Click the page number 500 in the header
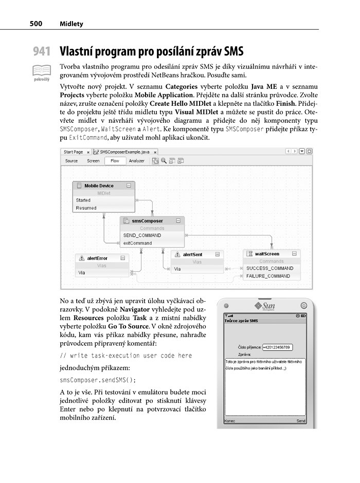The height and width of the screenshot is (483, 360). pyautogui.click(x=35, y=24)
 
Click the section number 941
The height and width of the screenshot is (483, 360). pyautogui.click(x=42, y=51)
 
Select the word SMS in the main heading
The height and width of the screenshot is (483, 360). pyautogui.click(x=231, y=51)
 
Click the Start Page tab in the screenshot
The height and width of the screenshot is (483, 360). pyautogui.click(x=73, y=152)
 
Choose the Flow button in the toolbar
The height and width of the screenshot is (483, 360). pyautogui.click(x=115, y=161)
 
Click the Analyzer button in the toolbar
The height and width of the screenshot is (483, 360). pyautogui.click(x=136, y=161)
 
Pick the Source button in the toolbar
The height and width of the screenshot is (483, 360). pyautogui.click(x=71, y=161)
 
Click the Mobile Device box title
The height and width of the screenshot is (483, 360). pyautogui.click(x=99, y=185)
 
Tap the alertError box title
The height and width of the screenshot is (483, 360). pyautogui.click(x=97, y=258)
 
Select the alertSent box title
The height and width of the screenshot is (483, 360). pyautogui.click(x=192, y=254)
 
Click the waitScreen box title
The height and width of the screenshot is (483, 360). pyautogui.click(x=267, y=254)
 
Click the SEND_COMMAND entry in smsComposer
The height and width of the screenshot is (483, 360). pyautogui.click(x=142, y=235)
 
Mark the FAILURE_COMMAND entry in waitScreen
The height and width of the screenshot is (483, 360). pyautogui.click(x=268, y=276)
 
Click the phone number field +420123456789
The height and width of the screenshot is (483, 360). pyautogui.click(x=277, y=347)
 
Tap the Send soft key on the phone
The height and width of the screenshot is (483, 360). pyautogui.click(x=301, y=420)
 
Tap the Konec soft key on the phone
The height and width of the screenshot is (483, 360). pyautogui.click(x=230, y=420)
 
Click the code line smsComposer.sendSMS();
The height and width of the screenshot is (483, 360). pyautogui.click(x=98, y=381)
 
